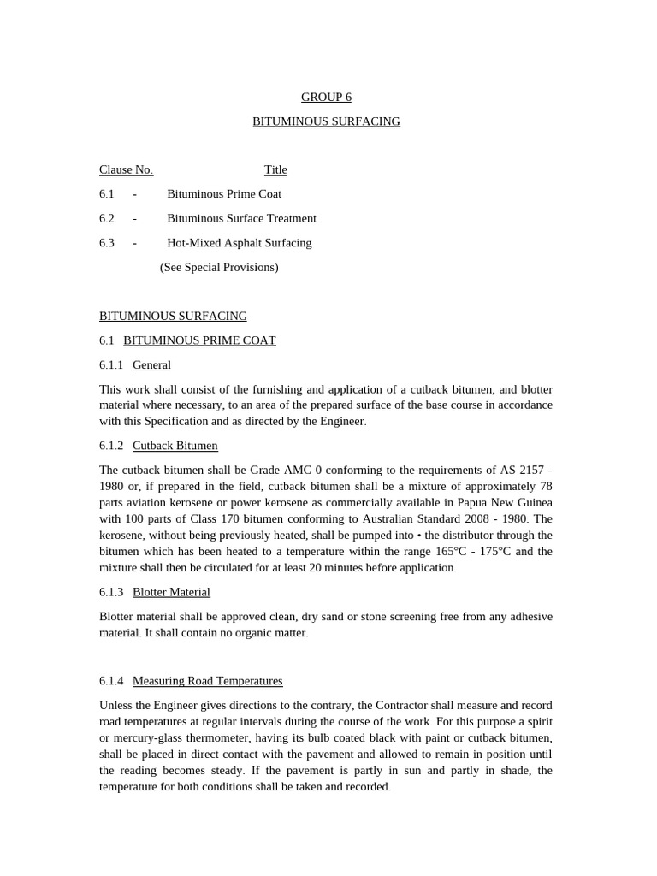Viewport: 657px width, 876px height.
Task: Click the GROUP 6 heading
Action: point(326,98)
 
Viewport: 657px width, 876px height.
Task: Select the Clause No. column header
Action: point(126,170)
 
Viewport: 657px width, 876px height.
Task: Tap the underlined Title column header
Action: point(275,170)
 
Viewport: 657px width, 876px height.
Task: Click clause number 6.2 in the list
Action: point(107,219)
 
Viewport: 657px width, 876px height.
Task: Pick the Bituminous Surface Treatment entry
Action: point(241,219)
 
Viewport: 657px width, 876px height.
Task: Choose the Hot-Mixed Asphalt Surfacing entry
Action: point(239,243)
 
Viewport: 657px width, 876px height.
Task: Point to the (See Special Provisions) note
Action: point(219,268)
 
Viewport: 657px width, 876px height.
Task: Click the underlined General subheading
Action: point(151,365)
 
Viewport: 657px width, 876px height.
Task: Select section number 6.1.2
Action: point(111,446)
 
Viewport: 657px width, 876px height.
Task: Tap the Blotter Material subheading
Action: point(171,592)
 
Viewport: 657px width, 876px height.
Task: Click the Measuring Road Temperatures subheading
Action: point(207,681)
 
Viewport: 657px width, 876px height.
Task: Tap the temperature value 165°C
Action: point(456,551)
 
